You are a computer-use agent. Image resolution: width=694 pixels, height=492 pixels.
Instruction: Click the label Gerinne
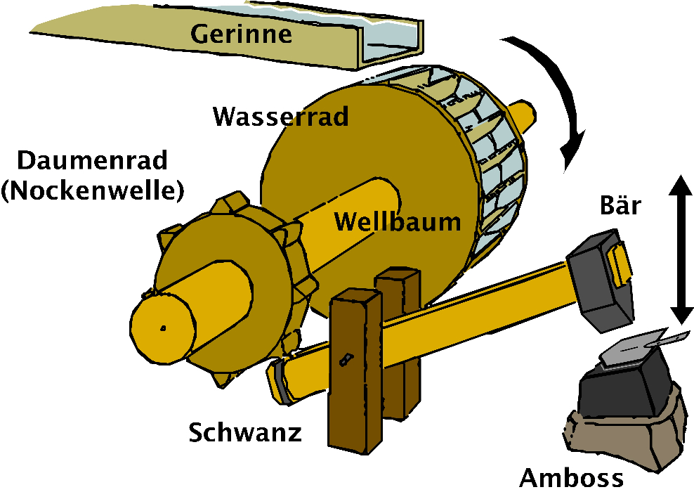point(242,32)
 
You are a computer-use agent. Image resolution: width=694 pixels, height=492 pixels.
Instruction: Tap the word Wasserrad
point(281,116)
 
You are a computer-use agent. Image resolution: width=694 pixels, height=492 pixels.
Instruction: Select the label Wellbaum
point(398,222)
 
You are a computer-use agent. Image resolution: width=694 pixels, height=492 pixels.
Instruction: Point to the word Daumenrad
point(93,161)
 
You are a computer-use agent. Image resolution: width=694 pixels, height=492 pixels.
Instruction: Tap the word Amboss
point(571,477)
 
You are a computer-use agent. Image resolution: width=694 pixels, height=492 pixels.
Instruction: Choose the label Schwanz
point(245,432)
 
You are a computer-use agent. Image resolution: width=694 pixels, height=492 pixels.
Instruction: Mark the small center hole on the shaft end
point(162,328)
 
